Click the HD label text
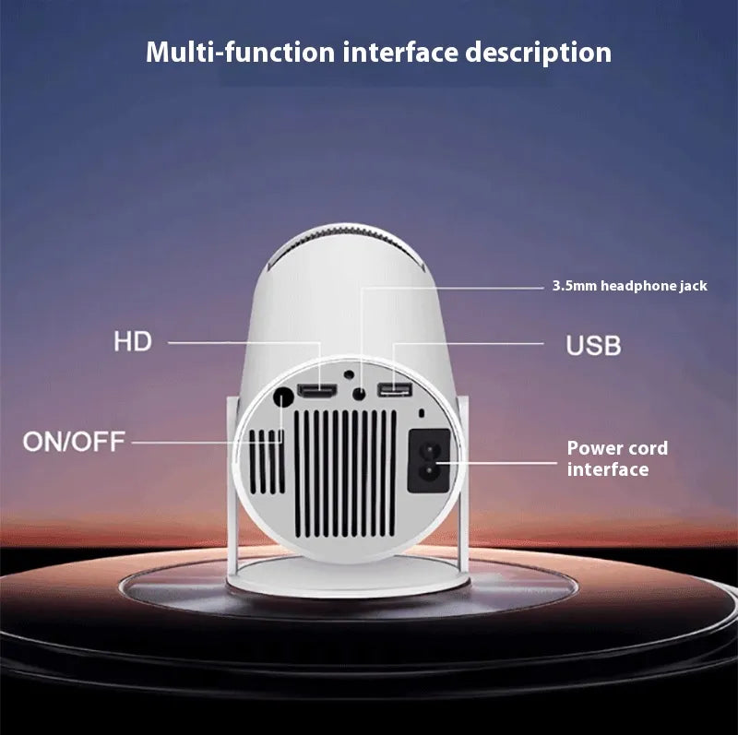[x=133, y=341]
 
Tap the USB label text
[x=593, y=346]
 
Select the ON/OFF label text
[x=74, y=442]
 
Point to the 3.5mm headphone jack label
[x=630, y=286]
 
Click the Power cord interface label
[x=617, y=458]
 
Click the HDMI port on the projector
[x=317, y=392]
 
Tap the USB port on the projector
[x=395, y=389]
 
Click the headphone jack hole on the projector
[x=359, y=394]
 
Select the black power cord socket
[x=429, y=461]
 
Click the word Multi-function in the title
[x=240, y=52]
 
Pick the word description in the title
[x=539, y=53]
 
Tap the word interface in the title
[x=400, y=52]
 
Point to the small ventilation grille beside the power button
[x=267, y=462]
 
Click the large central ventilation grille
[x=345, y=473]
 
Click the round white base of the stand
[x=348, y=577]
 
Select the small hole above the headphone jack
[x=349, y=374]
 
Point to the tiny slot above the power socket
[x=422, y=413]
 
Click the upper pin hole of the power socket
[x=429, y=448]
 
